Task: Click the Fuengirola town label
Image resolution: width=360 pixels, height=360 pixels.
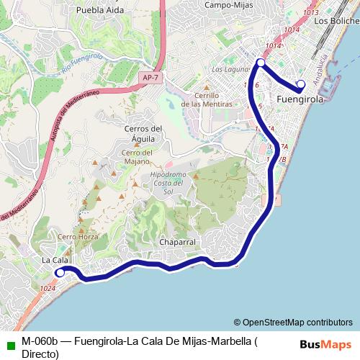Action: tap(300, 99)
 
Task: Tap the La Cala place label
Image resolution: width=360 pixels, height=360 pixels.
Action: tap(55, 260)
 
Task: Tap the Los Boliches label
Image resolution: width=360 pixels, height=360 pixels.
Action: tap(336, 21)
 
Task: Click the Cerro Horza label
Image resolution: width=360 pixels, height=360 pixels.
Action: tap(77, 236)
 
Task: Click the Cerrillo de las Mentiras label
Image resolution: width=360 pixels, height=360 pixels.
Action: tap(207, 99)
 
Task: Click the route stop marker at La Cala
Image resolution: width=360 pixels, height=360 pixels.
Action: tap(60, 273)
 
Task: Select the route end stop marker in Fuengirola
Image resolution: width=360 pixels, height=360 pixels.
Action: tap(301, 84)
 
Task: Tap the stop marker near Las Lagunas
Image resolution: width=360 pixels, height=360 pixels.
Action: tap(261, 63)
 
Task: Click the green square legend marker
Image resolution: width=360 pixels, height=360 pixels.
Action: tap(9, 342)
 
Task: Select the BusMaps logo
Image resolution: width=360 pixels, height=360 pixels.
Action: tap(325, 344)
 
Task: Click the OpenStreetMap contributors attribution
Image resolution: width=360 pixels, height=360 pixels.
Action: tap(293, 322)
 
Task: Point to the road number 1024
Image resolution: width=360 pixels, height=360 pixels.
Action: tap(48, 289)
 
